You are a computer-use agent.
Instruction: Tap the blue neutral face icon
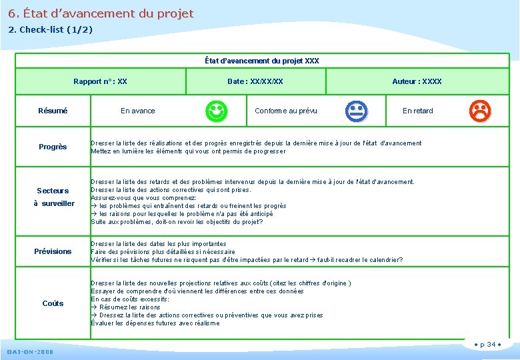click(356, 111)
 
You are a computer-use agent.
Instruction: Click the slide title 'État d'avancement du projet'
click(101, 13)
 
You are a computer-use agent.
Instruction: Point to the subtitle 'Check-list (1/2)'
click(50, 30)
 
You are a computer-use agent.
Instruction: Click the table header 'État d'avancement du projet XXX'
click(262, 61)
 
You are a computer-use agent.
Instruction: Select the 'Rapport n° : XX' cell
click(100, 81)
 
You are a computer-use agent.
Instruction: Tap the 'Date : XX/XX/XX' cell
click(255, 81)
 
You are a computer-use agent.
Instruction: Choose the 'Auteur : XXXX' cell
click(417, 81)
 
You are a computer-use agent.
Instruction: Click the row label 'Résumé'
click(53, 111)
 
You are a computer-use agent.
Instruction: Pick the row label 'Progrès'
click(53, 147)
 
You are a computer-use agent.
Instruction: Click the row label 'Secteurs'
click(53, 191)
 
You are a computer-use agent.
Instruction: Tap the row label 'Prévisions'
click(53, 251)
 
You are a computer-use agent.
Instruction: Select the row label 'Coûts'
click(53, 303)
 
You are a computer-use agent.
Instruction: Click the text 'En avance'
click(137, 111)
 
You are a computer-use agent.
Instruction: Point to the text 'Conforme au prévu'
click(286, 111)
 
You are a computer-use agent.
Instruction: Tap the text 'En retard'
click(417, 111)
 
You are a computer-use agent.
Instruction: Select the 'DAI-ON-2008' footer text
click(31, 351)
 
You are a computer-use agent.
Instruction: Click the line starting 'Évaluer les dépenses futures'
click(155, 323)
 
